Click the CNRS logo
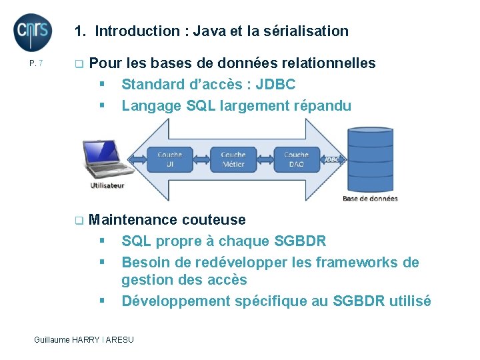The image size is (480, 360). pos(33,32)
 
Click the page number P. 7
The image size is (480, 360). pos(36,64)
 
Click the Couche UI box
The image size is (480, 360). pos(169,159)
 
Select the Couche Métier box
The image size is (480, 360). pos(233,159)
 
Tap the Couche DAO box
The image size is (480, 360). pos(296,159)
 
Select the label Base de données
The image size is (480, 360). pos(370,198)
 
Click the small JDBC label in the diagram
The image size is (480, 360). pos(331,160)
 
